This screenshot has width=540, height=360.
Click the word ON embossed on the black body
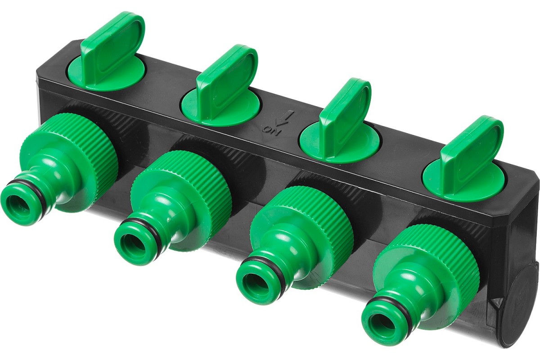(x=271, y=130)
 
